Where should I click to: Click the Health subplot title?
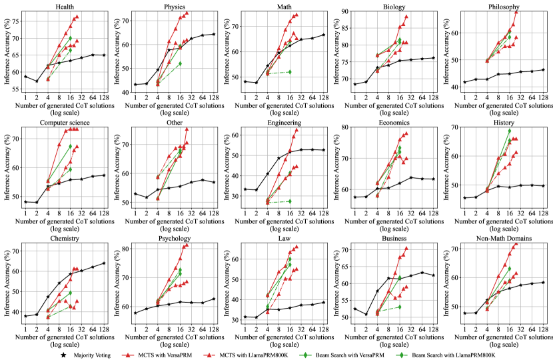point(65,7)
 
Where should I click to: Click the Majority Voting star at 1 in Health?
point(25,77)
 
